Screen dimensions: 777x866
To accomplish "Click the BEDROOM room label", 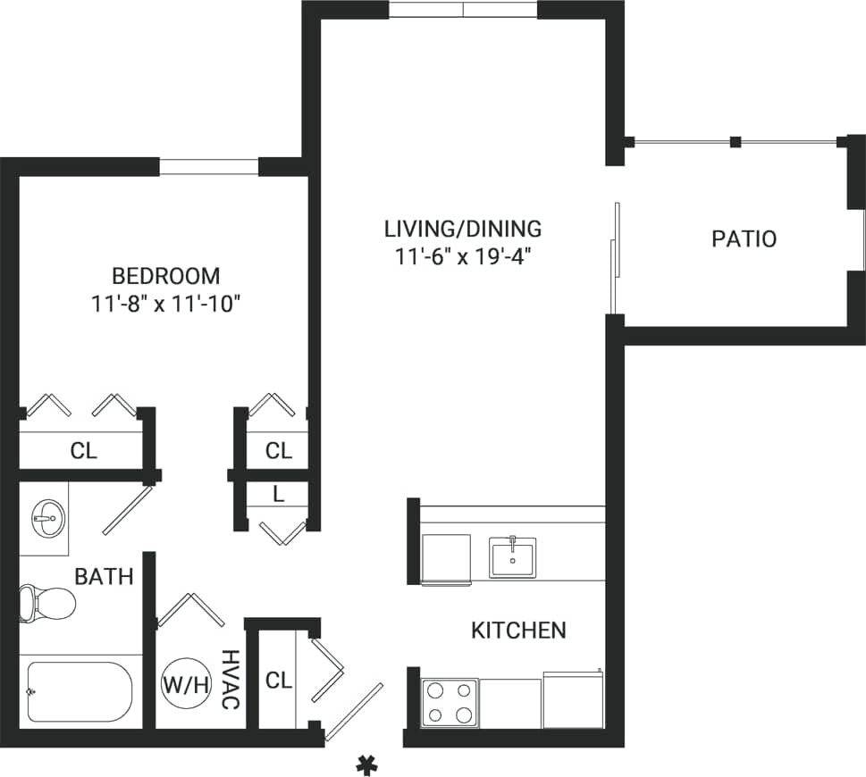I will [x=165, y=275].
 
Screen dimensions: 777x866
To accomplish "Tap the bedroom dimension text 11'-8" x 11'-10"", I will [x=165, y=304].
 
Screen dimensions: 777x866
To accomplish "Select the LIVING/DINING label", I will [x=463, y=229].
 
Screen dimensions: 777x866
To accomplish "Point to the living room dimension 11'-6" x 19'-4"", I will [x=463, y=257].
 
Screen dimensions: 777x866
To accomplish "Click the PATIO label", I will [x=744, y=239].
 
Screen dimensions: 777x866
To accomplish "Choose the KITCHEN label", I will [x=518, y=631].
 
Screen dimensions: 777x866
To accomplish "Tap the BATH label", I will [x=104, y=577].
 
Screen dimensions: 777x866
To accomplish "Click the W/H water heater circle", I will [x=185, y=685].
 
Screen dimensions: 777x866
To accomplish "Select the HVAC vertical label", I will [x=230, y=681].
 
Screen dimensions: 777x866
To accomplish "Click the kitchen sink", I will [x=512, y=557].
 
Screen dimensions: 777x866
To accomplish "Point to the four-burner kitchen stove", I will [x=450, y=702].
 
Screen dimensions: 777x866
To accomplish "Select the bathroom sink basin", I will [x=45, y=515].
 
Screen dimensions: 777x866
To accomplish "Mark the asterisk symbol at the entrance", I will [x=365, y=764].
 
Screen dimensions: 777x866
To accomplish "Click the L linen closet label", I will [x=279, y=494].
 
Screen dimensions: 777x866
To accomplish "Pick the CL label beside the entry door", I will [x=278, y=681].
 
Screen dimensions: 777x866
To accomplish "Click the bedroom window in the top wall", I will [x=209, y=166].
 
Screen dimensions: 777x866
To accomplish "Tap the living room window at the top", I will [x=463, y=10].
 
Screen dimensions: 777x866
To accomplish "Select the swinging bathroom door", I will [x=126, y=510].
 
